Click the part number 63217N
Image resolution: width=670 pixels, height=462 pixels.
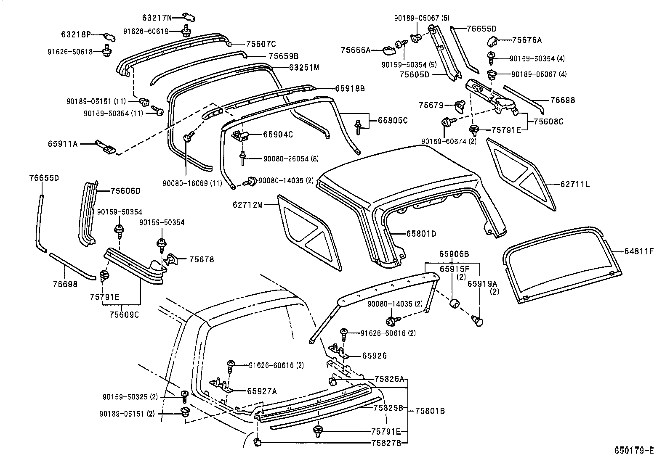tap(157, 18)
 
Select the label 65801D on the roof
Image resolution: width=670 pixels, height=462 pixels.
tap(421, 234)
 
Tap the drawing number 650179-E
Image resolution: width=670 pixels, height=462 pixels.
tap(634, 450)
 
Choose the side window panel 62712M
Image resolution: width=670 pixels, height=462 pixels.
tap(309, 231)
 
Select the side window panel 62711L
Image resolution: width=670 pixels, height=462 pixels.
tap(520, 172)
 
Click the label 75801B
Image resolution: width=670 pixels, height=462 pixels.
tap(430, 411)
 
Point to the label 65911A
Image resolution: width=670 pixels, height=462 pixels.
tap(63, 144)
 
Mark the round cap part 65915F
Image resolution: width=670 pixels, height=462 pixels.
tap(454, 304)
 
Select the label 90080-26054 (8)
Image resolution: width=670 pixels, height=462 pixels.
tap(291, 159)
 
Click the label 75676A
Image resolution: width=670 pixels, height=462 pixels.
tap(527, 40)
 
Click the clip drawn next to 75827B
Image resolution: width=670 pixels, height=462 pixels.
tap(258, 442)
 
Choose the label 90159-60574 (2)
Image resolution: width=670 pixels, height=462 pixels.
tap(449, 142)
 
